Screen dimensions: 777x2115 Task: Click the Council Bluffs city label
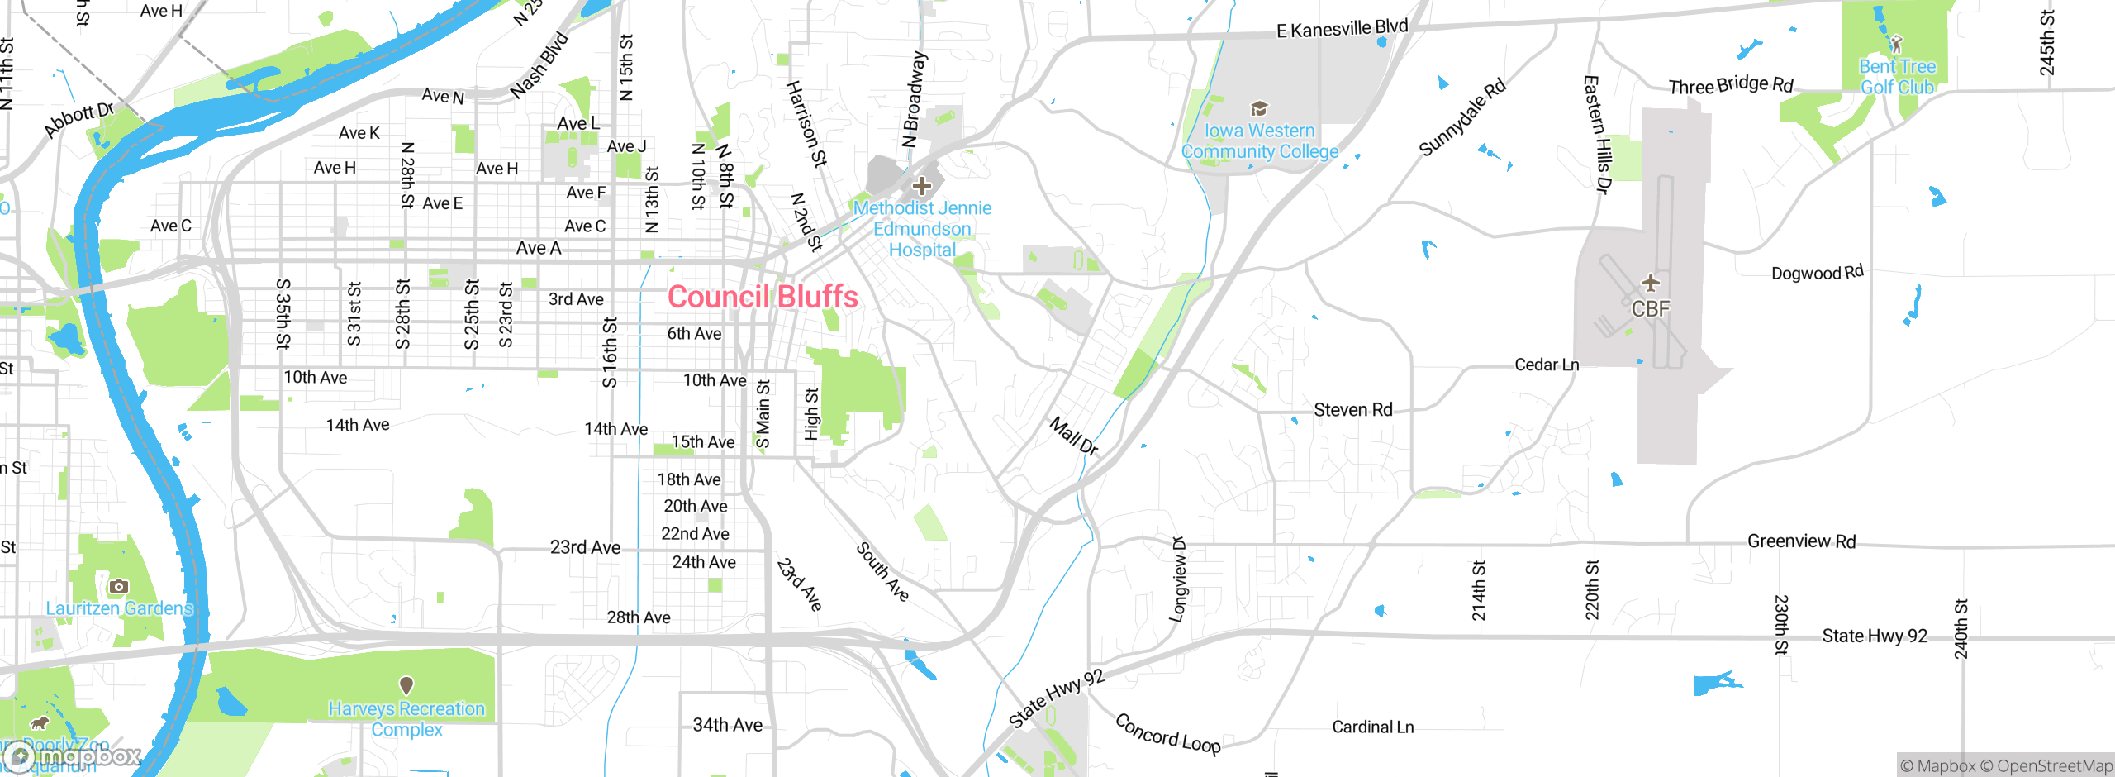coord(763,297)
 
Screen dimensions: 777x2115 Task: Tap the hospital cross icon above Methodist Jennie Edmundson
coord(922,186)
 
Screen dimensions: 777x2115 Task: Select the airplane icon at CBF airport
coord(1651,284)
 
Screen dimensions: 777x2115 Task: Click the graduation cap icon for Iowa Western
coord(1259,109)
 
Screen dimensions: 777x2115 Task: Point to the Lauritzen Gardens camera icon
coord(118,586)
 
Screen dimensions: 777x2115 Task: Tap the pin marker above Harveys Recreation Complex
coord(406,685)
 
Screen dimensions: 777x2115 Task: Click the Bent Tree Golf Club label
coord(1897,77)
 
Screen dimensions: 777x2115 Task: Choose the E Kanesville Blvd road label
coord(1342,29)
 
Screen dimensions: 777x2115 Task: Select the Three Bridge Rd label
coord(1731,85)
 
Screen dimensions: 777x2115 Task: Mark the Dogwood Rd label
coord(1817,273)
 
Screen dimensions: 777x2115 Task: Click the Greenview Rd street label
coord(1801,541)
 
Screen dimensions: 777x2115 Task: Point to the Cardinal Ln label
coord(1372,727)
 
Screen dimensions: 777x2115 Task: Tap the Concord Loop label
coord(1167,734)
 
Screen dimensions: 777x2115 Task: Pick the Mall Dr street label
coord(1073,436)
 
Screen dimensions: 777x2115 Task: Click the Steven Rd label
coord(1352,410)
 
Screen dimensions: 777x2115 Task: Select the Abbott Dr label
coord(78,119)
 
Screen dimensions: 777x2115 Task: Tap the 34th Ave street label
coord(727,725)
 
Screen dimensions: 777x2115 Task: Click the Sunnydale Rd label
coord(1461,117)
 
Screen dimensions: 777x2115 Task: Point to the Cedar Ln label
coord(1547,365)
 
